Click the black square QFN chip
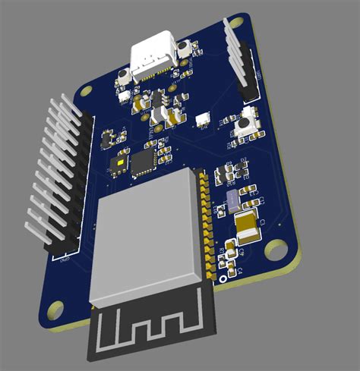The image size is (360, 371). (x=142, y=161)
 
